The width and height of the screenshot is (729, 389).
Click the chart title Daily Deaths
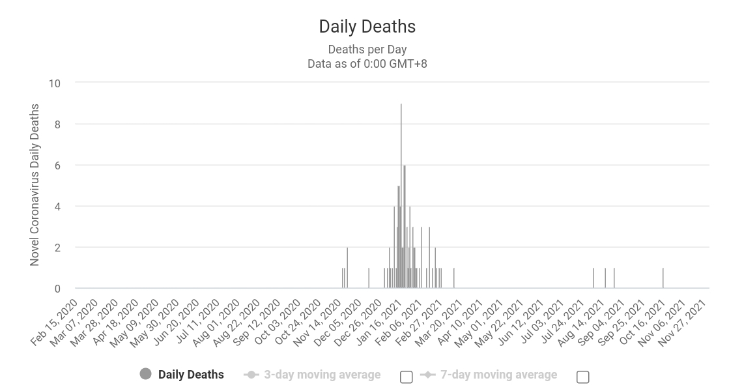click(x=367, y=27)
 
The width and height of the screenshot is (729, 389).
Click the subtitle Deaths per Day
click(x=367, y=50)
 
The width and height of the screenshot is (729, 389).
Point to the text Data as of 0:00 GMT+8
click(x=367, y=64)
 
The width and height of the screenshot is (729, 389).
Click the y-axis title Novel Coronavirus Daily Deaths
click(x=35, y=185)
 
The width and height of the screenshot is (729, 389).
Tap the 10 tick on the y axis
click(x=54, y=83)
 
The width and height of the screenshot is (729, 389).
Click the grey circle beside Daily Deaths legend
click(x=145, y=374)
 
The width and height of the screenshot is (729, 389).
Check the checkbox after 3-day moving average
click(x=406, y=377)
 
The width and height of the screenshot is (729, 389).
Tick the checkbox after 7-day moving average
click(x=583, y=377)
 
